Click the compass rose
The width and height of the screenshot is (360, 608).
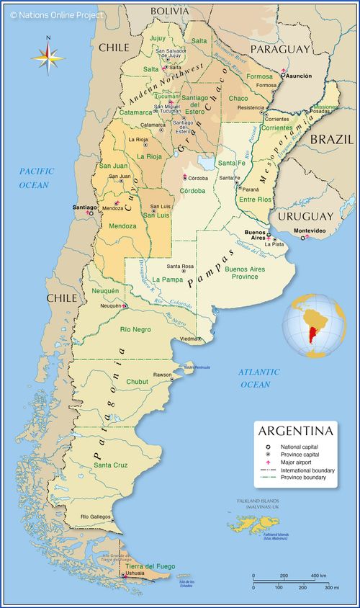[x=48, y=56]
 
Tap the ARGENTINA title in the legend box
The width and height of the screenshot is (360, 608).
[x=295, y=432]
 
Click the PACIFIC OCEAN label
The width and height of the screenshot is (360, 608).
[x=34, y=178]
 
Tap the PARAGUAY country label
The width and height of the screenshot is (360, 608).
[x=280, y=49]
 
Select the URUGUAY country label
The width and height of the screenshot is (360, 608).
[x=305, y=216]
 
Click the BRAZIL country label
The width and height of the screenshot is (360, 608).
[x=331, y=139]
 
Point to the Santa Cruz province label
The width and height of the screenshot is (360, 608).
[x=110, y=465]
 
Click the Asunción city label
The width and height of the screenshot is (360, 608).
[x=298, y=76]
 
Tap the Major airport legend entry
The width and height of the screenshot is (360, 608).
[x=298, y=463]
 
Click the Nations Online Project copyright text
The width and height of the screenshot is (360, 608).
[x=57, y=14]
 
